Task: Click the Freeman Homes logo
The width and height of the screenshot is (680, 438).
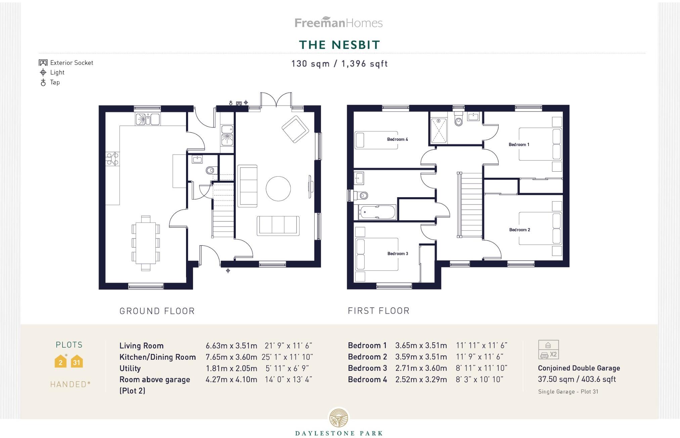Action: [338, 23]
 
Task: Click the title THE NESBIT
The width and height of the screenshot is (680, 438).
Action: [339, 45]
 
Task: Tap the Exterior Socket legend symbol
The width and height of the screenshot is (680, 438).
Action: [43, 62]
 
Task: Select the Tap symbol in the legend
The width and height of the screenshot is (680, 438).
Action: [43, 83]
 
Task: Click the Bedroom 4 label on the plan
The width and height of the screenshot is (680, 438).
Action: [397, 139]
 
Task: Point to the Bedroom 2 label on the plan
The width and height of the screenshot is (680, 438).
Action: [519, 230]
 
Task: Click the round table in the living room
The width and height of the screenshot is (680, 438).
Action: [278, 189]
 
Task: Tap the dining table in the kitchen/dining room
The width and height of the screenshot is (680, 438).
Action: [146, 243]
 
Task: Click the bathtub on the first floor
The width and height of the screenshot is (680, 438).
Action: [377, 212]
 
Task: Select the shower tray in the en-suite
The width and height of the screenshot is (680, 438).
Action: [439, 130]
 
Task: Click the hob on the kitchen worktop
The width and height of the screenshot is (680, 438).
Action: [112, 159]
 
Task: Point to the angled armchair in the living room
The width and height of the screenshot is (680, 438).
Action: [295, 129]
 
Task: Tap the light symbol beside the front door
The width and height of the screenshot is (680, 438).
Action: [228, 271]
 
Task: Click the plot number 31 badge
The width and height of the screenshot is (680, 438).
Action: [77, 362]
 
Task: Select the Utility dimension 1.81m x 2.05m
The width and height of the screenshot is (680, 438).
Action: [231, 368]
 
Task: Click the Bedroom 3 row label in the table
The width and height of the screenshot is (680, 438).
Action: [367, 368]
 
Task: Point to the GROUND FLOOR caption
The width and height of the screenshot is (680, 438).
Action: [157, 311]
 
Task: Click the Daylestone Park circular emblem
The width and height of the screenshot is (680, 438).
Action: [338, 418]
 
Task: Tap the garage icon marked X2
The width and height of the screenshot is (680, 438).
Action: [548, 350]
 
